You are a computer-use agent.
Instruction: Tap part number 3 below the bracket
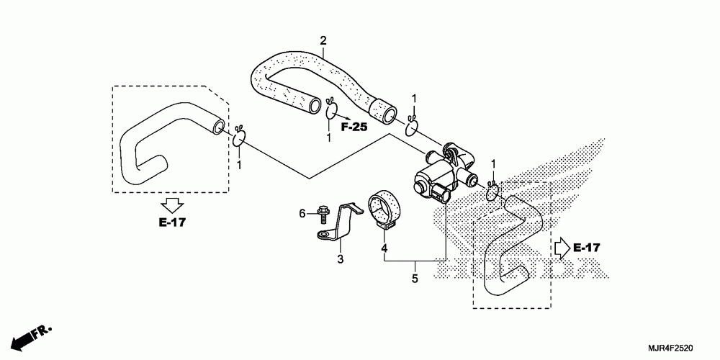[x=340, y=258]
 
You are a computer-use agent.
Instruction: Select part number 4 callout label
[x=384, y=248]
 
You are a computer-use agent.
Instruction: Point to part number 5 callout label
[x=414, y=277]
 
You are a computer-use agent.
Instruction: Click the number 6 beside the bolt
[x=303, y=212]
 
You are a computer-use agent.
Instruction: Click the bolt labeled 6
[x=320, y=213]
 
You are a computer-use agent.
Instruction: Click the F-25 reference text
[x=354, y=127]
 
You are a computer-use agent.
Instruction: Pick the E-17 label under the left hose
[x=172, y=222]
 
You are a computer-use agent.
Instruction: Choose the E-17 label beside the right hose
[x=587, y=248]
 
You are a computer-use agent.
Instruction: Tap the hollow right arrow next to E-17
[x=561, y=248]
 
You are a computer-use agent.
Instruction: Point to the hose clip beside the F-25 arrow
[x=332, y=110]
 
